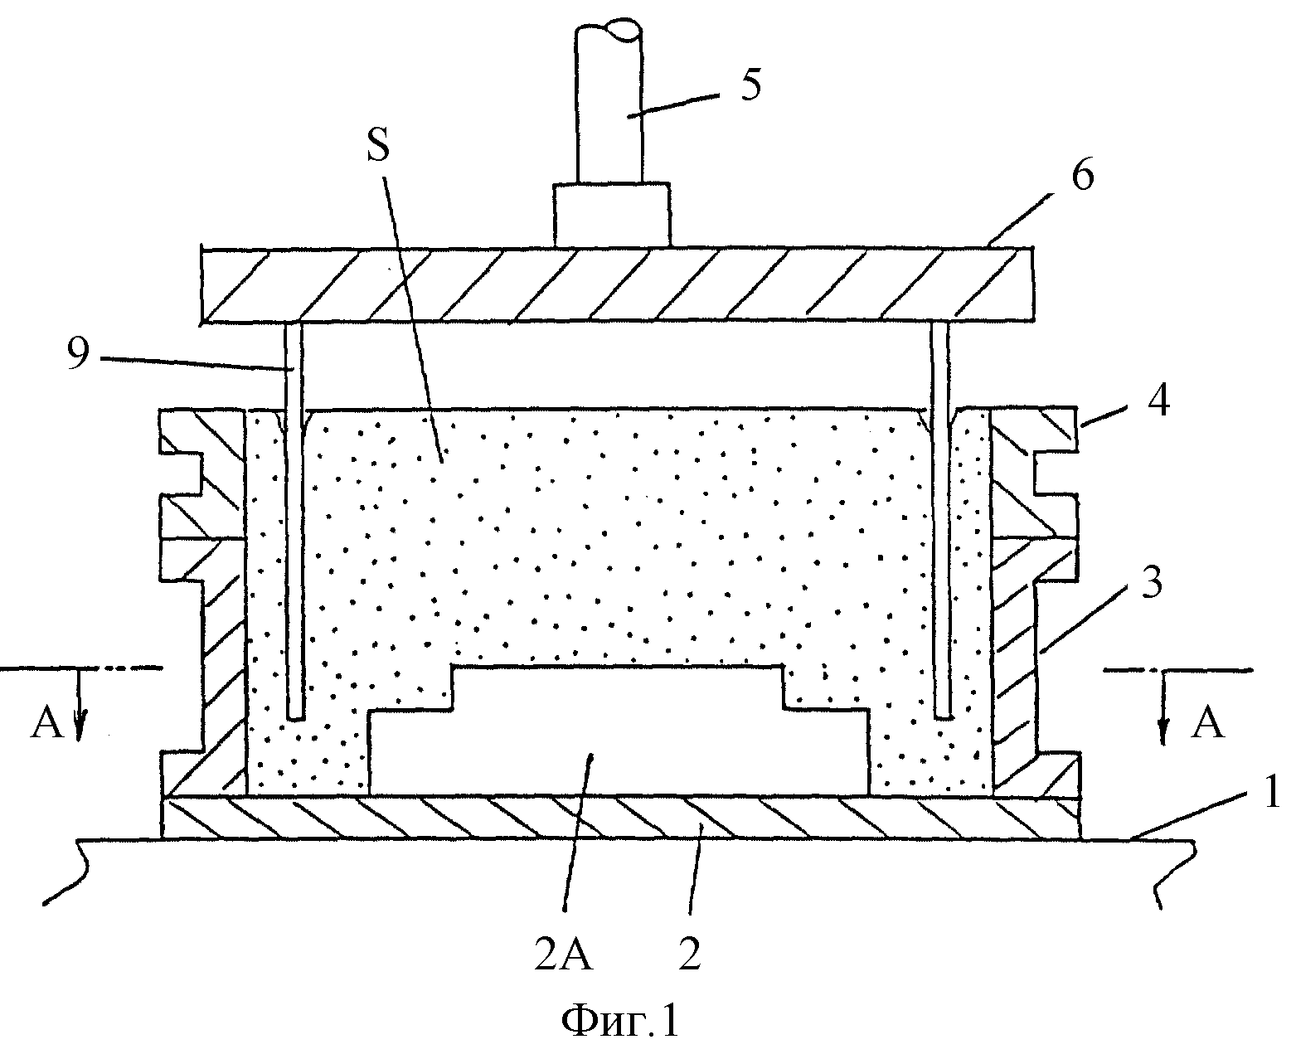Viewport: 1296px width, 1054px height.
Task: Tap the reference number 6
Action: (x=1081, y=174)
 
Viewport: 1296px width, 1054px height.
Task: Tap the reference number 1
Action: (x=1272, y=790)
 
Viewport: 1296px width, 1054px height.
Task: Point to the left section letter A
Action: (x=47, y=723)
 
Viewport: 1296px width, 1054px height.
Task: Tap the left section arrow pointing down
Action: (x=79, y=704)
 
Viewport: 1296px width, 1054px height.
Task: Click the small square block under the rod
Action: (x=612, y=214)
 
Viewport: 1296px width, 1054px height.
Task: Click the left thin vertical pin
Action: (x=294, y=521)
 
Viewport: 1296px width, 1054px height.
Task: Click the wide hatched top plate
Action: (x=617, y=284)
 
